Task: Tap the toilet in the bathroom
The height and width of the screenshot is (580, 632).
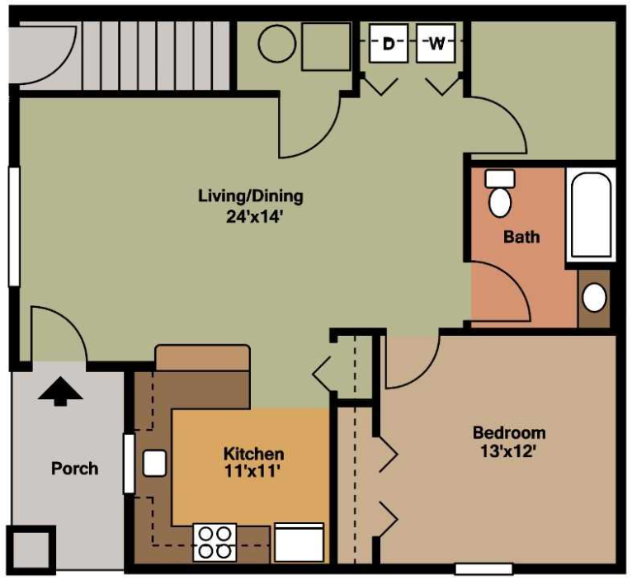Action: (500, 196)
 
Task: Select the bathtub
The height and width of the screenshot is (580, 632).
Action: (591, 215)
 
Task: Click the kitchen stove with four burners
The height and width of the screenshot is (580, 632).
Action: (215, 542)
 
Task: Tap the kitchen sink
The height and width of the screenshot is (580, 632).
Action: (154, 464)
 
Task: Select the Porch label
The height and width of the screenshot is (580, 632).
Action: (74, 469)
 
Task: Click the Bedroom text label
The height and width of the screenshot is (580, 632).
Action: (508, 432)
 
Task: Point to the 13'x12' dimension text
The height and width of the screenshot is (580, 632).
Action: (508, 452)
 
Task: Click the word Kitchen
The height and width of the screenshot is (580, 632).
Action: (253, 454)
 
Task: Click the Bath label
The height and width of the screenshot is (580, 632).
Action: (521, 237)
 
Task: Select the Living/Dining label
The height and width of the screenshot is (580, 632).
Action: (250, 196)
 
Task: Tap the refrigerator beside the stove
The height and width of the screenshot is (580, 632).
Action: (299, 542)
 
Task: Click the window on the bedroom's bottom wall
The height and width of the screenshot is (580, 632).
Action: (484, 568)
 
